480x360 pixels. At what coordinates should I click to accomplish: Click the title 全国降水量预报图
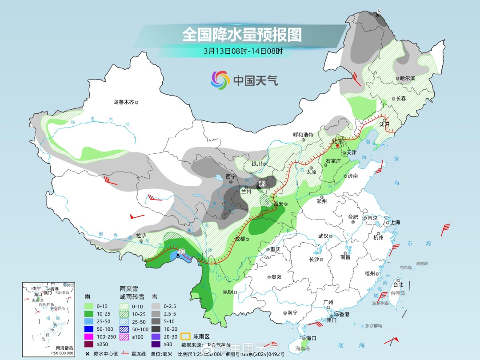point(242,34)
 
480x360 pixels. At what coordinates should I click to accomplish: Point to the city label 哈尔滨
point(407,78)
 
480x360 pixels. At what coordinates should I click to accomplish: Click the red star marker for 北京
point(338,145)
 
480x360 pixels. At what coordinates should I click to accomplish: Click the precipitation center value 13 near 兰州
point(262,184)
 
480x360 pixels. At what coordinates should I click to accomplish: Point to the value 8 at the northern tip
point(379,11)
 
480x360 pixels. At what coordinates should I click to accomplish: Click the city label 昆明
point(228,292)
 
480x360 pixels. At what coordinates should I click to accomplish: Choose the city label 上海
point(395,222)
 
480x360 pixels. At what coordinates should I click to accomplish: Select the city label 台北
point(398,284)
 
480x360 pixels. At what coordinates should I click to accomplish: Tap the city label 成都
point(240,239)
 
